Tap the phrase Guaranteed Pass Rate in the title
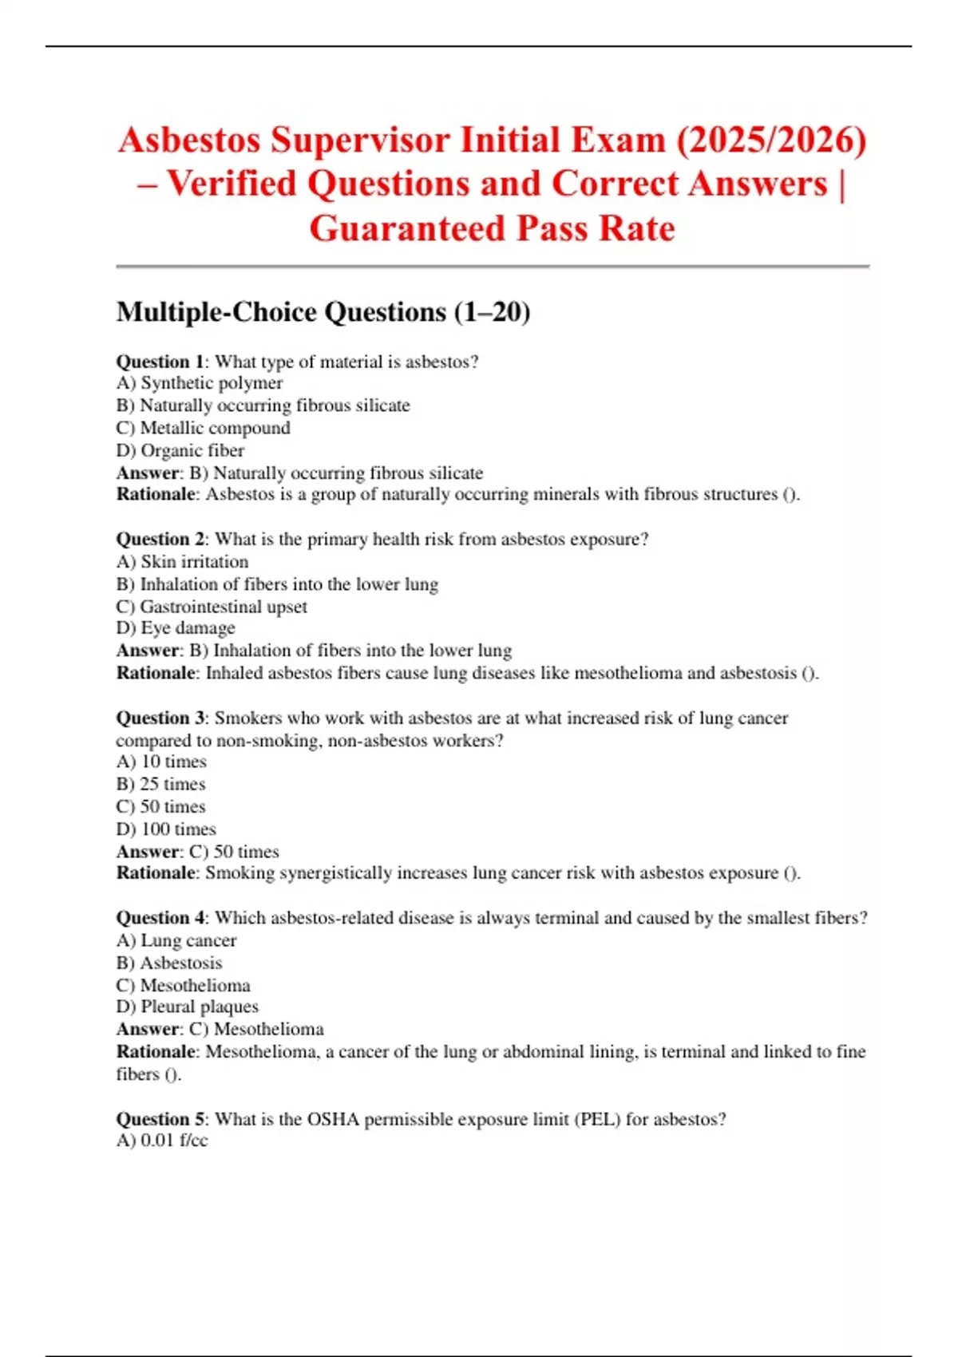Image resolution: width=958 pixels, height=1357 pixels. coord(492,229)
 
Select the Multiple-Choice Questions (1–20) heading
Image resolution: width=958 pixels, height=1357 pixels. coord(323,311)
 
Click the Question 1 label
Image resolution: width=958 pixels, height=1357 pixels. coord(160,362)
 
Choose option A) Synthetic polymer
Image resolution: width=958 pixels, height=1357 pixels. coord(200,383)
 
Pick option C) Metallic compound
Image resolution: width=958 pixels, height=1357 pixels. coord(203,428)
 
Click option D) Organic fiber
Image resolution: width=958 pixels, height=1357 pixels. coord(180,450)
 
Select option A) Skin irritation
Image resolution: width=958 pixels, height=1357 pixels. coord(182,562)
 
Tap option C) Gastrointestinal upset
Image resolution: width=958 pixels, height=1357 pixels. coord(212,607)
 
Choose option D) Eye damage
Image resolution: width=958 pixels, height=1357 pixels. coord(176,628)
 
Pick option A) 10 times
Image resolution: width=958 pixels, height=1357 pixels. coord(161,762)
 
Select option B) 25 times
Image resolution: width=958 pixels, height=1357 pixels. coord(160,784)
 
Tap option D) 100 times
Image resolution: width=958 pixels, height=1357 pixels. coord(166,829)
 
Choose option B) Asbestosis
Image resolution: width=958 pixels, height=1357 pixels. coord(169,963)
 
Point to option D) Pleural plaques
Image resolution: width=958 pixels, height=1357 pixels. coord(188,1007)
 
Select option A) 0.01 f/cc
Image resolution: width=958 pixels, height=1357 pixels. coord(162,1141)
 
